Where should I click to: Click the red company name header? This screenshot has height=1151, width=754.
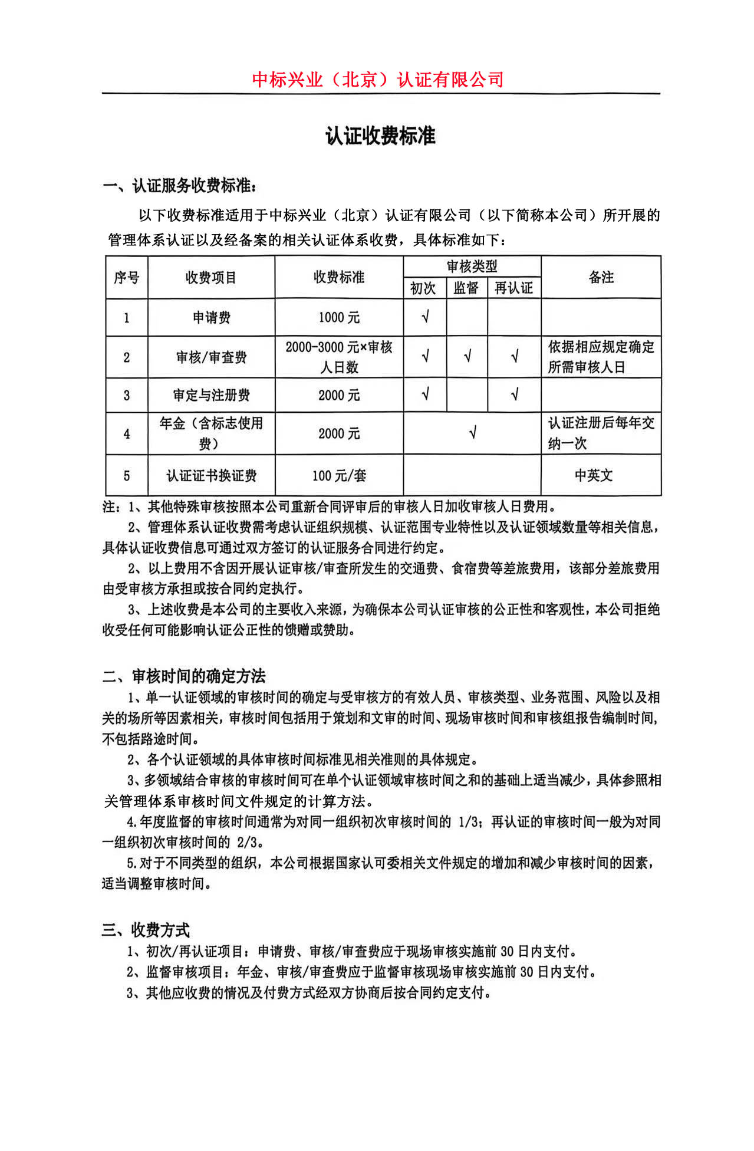377,79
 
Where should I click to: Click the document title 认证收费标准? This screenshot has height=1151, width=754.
380,136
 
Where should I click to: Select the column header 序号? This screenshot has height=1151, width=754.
126,277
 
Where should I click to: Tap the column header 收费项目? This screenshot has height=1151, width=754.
210,277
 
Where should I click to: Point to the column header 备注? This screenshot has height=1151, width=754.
601,277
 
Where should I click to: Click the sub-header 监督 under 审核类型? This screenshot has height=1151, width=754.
466,288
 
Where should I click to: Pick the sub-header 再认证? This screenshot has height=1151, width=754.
513,288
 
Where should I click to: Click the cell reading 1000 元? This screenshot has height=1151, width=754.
339,318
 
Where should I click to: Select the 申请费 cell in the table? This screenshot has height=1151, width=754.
211,318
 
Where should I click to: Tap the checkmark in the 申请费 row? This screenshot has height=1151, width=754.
425,317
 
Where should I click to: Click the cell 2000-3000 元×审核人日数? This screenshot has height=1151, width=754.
339,357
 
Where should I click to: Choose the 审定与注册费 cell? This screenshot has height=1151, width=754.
211,395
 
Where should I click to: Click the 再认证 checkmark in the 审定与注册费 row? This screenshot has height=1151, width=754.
514,394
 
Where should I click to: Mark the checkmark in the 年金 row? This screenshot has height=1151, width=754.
472,433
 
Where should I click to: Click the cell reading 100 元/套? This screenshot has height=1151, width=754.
339,475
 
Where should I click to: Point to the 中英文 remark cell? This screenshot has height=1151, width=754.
594,475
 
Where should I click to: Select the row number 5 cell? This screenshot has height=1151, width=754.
126,475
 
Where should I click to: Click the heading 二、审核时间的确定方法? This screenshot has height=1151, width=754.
184,676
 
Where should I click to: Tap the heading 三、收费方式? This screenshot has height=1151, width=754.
146,930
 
